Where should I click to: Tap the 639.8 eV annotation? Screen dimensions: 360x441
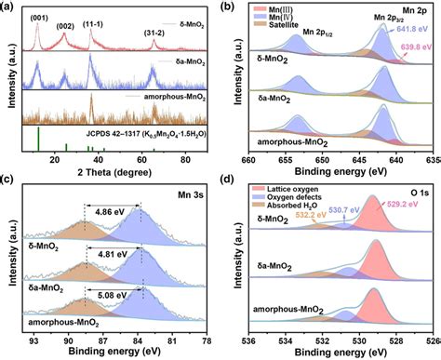point(416,46)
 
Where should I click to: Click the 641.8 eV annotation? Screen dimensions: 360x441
point(415,30)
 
